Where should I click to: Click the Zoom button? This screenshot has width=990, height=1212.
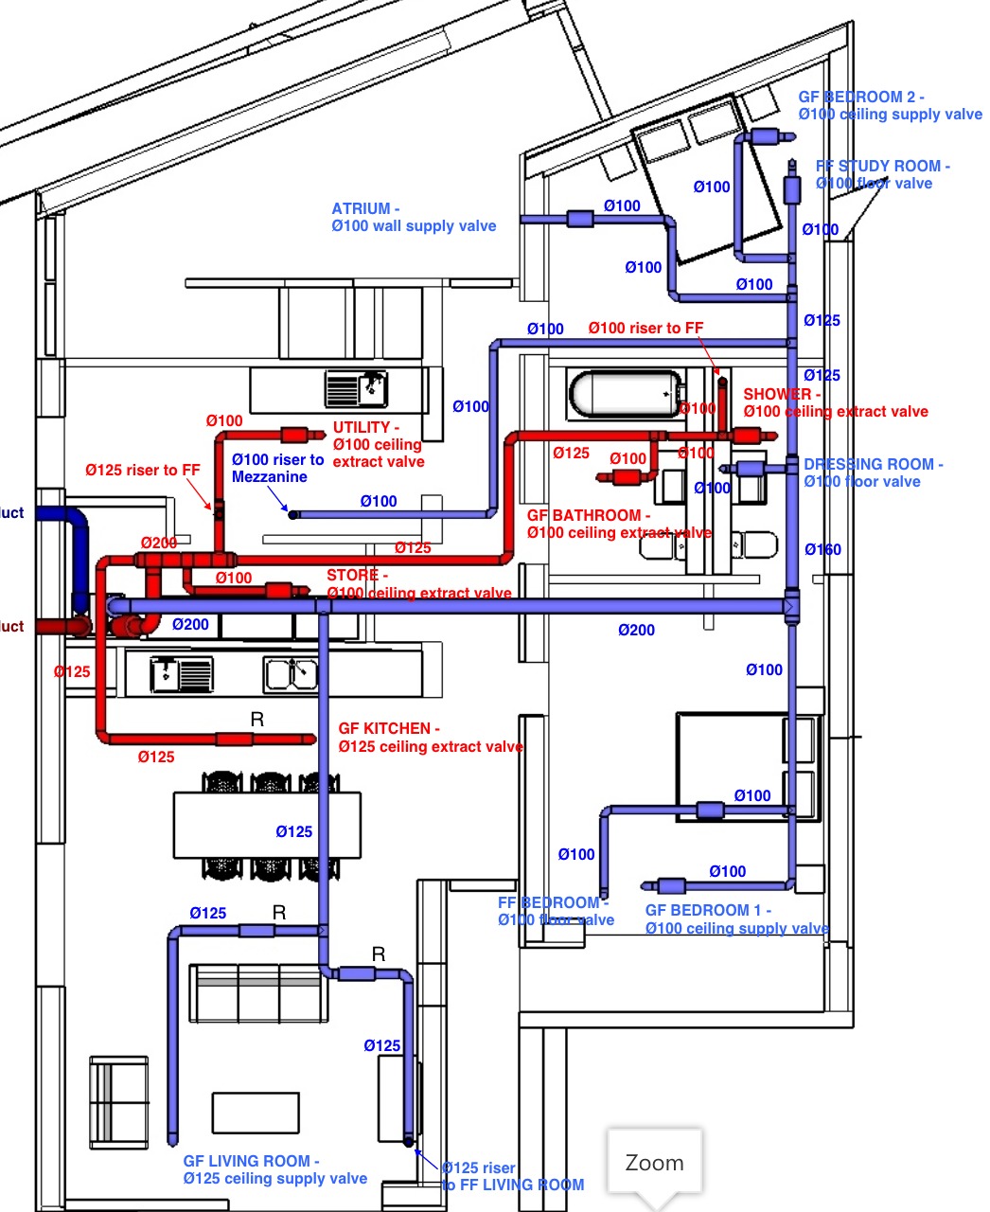point(654,1162)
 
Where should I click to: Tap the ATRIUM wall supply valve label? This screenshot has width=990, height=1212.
point(414,217)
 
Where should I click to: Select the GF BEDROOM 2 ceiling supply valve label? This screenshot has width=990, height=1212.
point(890,105)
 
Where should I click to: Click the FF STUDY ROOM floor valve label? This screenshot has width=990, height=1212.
point(882,174)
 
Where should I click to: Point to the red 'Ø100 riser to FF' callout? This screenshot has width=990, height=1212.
point(645,328)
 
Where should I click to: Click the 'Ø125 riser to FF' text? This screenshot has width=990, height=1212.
point(142,470)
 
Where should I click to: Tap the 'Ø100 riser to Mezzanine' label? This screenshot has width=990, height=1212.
point(277,468)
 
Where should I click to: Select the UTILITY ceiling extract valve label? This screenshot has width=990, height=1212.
point(378,444)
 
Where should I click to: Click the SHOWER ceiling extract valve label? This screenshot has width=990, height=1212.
point(835,402)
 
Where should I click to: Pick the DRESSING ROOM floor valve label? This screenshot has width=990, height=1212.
point(873,472)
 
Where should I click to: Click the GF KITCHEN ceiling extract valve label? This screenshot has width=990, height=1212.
point(431,738)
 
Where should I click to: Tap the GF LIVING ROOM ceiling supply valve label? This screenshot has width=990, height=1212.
point(274,1169)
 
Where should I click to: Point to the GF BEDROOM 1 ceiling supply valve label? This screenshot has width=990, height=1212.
point(736,918)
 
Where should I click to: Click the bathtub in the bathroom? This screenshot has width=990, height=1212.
point(626,393)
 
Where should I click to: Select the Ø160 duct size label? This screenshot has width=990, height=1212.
point(822,549)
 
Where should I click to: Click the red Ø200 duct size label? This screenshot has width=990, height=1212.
point(159,543)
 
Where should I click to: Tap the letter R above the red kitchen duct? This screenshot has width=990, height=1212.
point(256,720)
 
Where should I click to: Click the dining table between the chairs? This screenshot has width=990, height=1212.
point(267,825)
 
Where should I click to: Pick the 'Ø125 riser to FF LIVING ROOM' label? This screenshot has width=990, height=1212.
point(512,1176)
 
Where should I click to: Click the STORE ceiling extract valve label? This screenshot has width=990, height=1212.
point(418,584)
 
